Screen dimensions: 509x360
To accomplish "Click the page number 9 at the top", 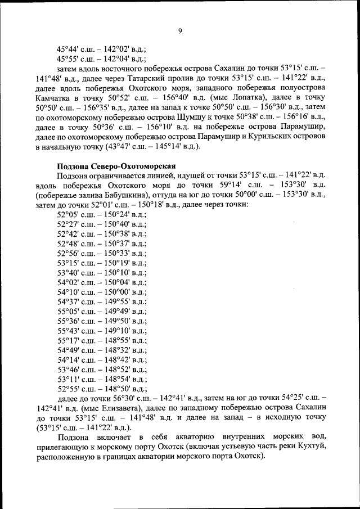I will click(179, 30).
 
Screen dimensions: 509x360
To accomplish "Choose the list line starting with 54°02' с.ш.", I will click(102, 282).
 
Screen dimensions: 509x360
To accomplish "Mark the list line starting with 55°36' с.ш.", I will click(102, 321).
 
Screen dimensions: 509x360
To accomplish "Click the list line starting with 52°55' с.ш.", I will click(102, 388).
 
